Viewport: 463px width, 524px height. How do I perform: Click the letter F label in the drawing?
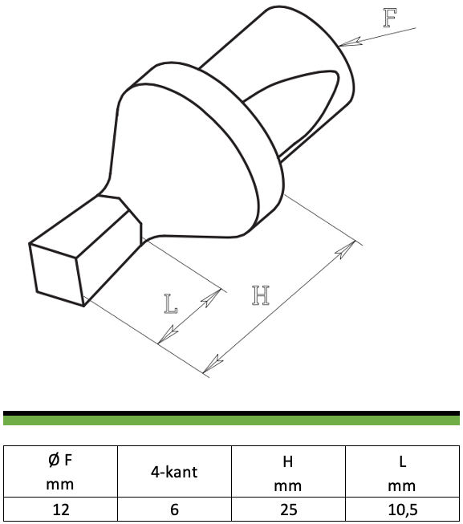coord(389,18)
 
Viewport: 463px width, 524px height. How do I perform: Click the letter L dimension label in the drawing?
coord(171,304)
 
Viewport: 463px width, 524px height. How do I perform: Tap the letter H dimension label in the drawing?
coord(261,295)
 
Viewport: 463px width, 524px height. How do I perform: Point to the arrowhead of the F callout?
coord(351,42)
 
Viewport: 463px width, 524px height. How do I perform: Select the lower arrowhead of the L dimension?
coord(168,334)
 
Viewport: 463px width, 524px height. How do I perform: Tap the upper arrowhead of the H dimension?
coord(346,250)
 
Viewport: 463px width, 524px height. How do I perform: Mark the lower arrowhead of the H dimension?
coord(213,364)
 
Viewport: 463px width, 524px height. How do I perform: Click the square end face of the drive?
coord(56,274)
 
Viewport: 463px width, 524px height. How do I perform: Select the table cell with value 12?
coord(60,510)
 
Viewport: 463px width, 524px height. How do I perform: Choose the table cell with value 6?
coord(174,510)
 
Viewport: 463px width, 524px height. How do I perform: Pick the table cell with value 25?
coord(288,510)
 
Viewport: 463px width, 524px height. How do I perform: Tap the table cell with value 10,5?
coord(403,510)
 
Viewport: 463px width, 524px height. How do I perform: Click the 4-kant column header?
coord(174,472)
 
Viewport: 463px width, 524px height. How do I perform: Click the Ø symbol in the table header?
coord(54,460)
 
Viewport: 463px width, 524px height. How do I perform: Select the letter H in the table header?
coord(288,461)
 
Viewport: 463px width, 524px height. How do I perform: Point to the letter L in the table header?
coord(403,461)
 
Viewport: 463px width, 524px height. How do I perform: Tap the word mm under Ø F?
coord(60,485)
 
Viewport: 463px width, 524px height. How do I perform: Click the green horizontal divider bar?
coord(231,420)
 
